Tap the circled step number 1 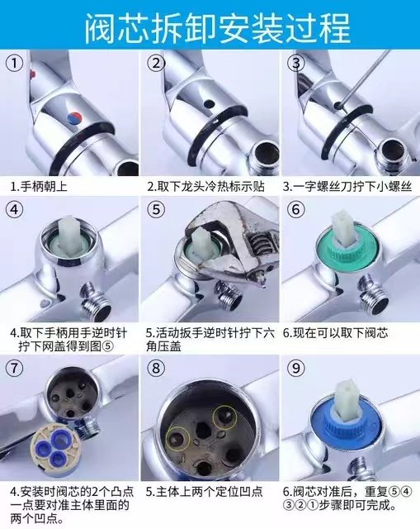(x=15, y=63)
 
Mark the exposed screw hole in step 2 (x=205, y=107)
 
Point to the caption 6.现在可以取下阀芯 (x=335, y=334)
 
